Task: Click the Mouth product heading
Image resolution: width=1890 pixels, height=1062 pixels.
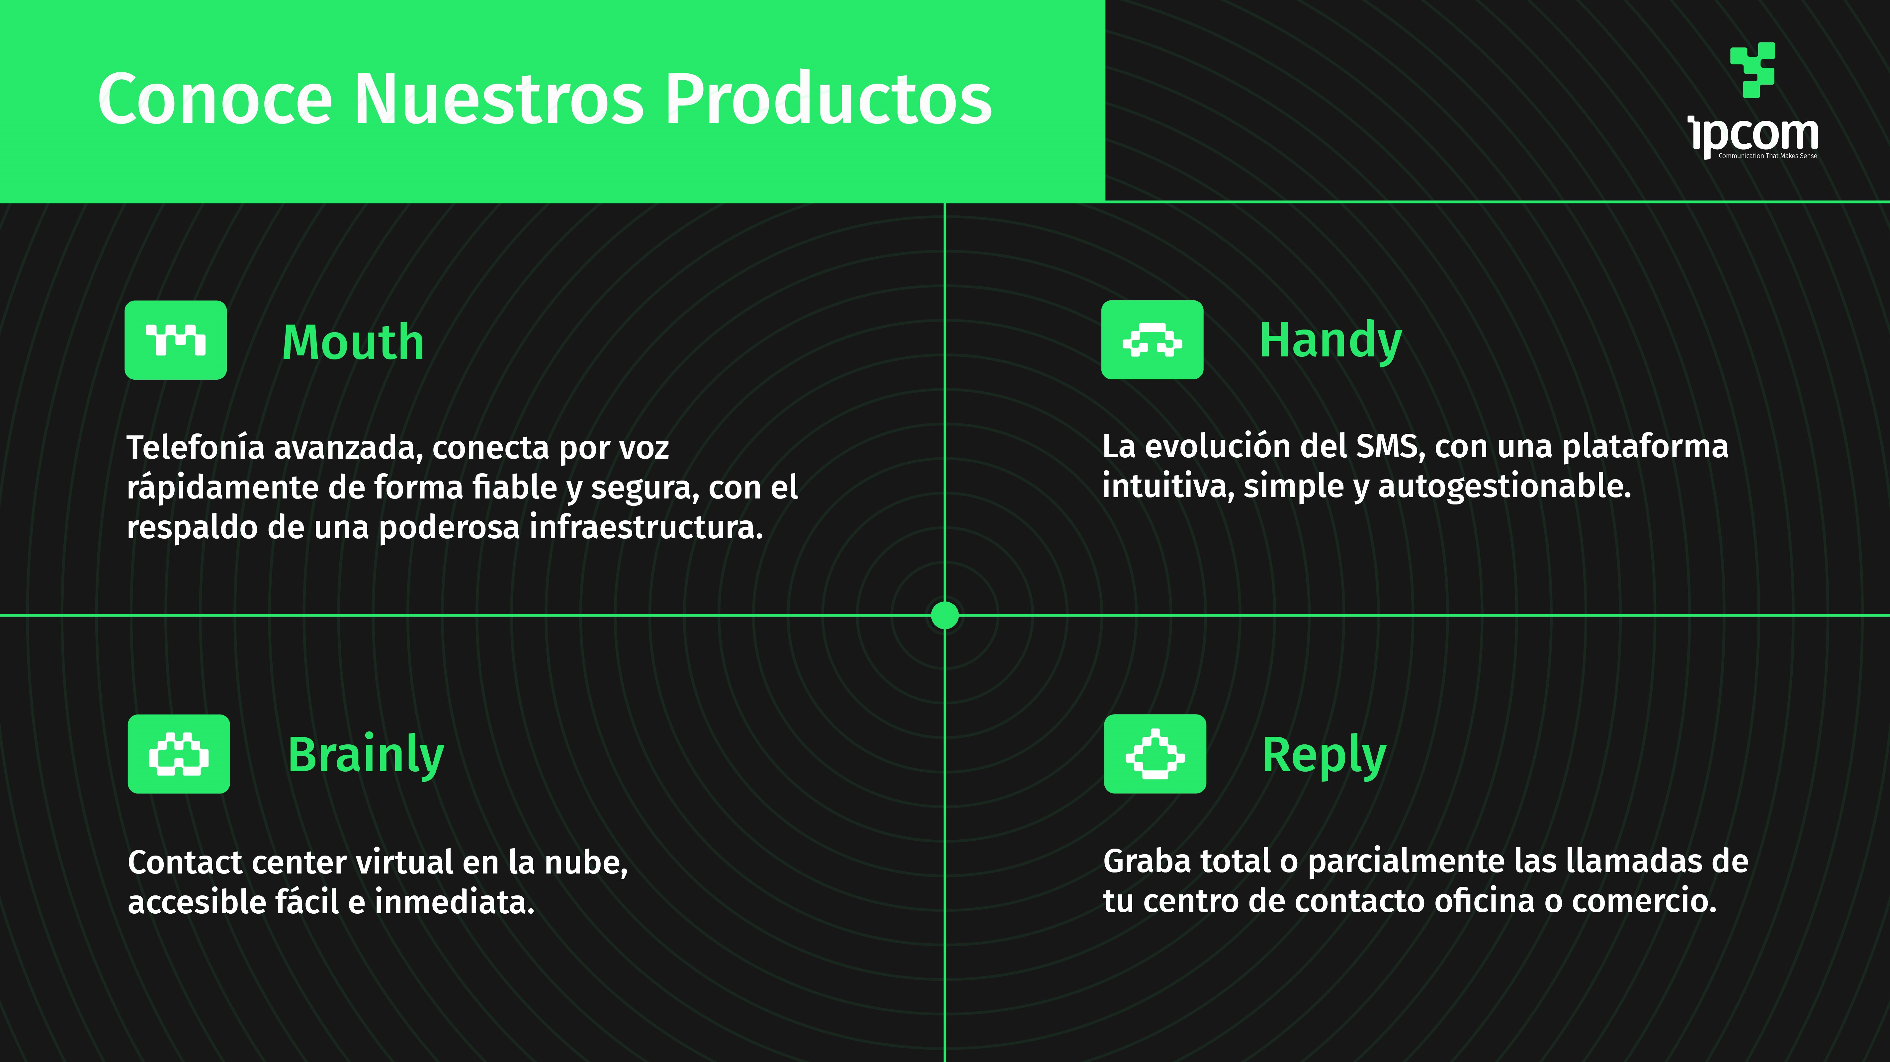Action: pyautogui.click(x=353, y=342)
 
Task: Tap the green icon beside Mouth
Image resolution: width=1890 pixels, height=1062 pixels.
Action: pyautogui.click(x=175, y=340)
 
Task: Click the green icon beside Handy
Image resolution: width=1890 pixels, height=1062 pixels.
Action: pyautogui.click(x=1152, y=340)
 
